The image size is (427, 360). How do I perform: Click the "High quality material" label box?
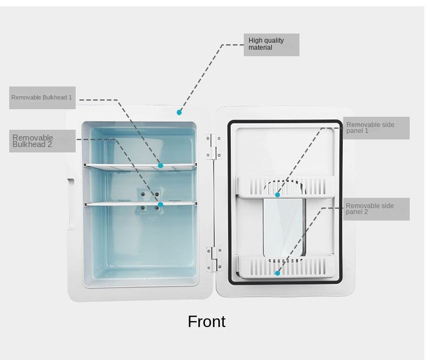[x=271, y=44]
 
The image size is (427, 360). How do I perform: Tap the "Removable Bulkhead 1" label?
[x=42, y=98]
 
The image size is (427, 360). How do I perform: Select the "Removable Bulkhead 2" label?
[x=42, y=141]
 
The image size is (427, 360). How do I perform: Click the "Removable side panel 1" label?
[x=376, y=128]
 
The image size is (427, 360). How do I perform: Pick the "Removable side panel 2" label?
[x=376, y=209]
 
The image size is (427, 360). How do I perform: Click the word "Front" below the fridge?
[x=206, y=322]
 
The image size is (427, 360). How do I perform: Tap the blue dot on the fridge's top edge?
[x=179, y=112]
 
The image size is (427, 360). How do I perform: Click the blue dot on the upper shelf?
[x=161, y=165]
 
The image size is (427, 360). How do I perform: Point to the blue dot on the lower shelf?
[x=161, y=205]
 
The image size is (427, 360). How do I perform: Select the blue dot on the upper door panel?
[x=277, y=195]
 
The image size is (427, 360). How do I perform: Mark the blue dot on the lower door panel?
[x=277, y=273]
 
